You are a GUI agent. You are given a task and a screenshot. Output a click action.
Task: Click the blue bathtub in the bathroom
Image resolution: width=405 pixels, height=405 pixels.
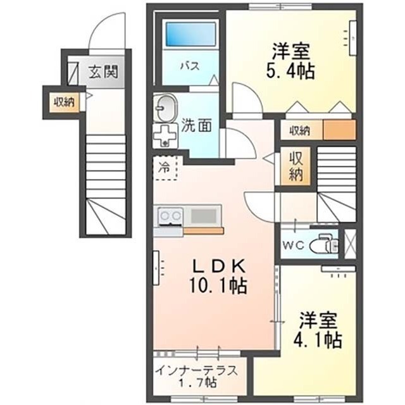pos(190,34)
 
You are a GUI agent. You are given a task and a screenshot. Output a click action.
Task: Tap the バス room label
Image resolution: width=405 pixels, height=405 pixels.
pos(190,66)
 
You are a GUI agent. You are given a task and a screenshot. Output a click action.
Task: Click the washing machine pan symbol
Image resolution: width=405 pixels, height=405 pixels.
pos(165,135)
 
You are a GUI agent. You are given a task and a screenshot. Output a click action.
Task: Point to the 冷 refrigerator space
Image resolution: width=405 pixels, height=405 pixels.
pos(165,168)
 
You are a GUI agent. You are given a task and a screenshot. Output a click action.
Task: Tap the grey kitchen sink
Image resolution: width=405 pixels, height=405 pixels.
pos(203,216)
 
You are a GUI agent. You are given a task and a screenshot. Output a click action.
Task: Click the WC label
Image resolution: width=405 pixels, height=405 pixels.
pos(294,245)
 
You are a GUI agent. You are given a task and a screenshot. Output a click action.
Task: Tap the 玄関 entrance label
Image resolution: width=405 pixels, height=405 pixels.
pos(103,72)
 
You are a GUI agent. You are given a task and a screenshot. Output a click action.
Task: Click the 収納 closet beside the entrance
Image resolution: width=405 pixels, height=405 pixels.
pos(64,103)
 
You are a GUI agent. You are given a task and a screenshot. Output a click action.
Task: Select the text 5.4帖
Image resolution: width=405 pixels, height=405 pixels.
pos(290,72)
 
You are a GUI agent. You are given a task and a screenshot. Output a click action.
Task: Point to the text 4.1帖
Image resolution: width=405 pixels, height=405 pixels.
pos(318,340)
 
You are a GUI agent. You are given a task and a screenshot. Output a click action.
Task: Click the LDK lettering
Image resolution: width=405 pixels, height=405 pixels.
pos(218,266)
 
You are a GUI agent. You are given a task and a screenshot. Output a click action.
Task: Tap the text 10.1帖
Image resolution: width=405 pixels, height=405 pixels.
pos(218,285)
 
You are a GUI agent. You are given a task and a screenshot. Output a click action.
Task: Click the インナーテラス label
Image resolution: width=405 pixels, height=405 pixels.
pos(197,371)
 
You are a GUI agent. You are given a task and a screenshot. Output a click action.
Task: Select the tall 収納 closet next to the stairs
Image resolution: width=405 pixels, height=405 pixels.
pos(296,166)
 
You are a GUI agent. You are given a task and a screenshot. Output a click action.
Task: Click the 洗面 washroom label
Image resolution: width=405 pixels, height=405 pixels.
pos(197,125)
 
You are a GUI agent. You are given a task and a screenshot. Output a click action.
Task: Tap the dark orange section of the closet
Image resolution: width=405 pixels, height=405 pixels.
pos(340,130)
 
